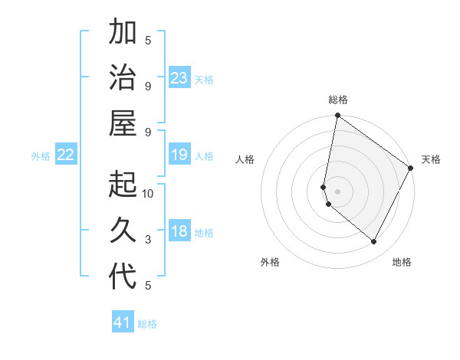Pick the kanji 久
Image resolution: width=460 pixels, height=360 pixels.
coord(123,231)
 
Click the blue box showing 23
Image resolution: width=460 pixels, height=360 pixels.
coord(179,78)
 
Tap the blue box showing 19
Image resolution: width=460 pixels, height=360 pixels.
coord(179,155)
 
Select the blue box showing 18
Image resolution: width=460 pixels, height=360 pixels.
coord(179,232)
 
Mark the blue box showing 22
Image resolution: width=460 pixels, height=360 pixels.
coord(66,155)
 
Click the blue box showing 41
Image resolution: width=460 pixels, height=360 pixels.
coord(123,322)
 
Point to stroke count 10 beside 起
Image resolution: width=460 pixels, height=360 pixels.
coord(148,193)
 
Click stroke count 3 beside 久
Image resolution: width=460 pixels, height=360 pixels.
coord(148,240)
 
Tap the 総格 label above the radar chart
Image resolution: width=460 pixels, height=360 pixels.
coord(338,100)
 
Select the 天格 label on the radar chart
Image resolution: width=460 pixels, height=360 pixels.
coord(431,159)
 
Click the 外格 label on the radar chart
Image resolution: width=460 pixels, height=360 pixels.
coord(270,262)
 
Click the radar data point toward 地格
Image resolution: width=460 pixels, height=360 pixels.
coord(374,242)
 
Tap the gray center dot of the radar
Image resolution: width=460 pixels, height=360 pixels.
coord(338,191)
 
